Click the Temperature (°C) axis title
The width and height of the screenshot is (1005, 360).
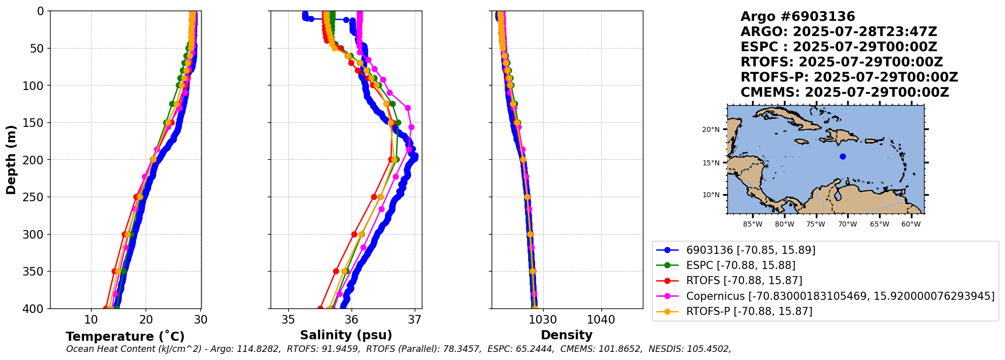pos(125,337)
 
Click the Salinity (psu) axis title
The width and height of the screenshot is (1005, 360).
pos(346,335)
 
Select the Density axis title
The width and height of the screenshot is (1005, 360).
pos(566,335)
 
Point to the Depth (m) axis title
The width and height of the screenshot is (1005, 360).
pos(11,160)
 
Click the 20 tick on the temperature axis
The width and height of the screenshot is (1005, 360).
pos(146,320)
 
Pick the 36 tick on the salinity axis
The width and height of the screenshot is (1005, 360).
pos(352,320)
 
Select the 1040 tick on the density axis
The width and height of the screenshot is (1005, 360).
pos(601,320)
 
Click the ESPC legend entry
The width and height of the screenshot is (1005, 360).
pos(740,265)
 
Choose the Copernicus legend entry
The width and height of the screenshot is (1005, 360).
pos(840,296)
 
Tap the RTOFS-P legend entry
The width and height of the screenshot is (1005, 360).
pos(749,311)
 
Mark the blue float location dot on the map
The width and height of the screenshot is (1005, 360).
pos(843,156)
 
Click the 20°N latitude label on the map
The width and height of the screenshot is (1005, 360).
pos(711,130)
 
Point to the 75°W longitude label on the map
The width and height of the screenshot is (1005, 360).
pos(816,224)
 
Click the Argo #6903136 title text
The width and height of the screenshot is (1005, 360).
pos(798,17)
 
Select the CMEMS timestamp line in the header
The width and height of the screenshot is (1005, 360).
pos(845,93)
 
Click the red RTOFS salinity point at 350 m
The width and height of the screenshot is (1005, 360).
pos(336,272)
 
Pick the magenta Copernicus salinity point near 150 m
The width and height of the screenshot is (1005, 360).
pos(411,127)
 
